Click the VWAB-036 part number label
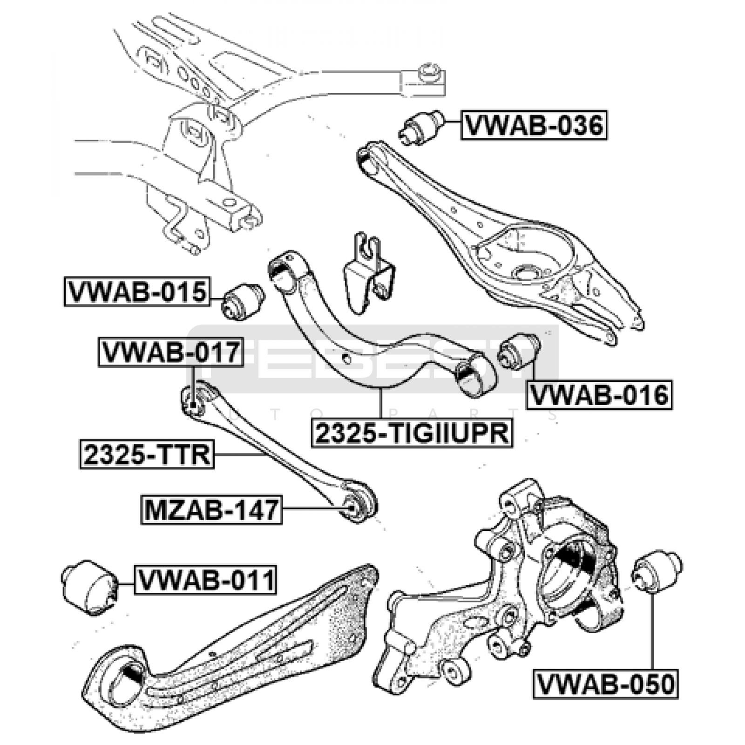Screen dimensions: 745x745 point(534,125)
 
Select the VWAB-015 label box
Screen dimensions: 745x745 point(137,292)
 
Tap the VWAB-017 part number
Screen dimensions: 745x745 point(170,352)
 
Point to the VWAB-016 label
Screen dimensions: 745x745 point(599,395)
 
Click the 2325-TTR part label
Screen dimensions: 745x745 point(147,454)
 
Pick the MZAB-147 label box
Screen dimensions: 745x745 point(211,510)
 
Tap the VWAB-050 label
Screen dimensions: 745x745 point(605,684)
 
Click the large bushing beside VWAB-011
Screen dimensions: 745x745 point(89,587)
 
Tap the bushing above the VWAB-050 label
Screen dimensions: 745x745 point(657,572)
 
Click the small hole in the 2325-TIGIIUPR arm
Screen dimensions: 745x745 point(346,358)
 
